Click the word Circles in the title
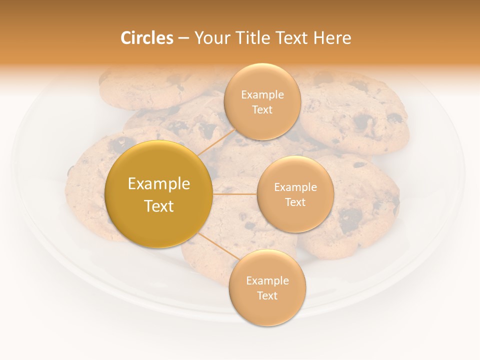point(147,38)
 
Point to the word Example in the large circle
point(159,184)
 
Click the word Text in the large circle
point(159,206)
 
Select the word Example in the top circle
point(262,95)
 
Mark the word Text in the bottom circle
point(267,295)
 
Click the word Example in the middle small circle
point(295,187)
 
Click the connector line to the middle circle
point(235,194)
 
